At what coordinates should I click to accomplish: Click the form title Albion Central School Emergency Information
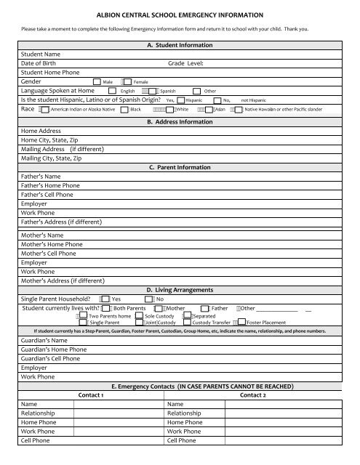click(x=180, y=15)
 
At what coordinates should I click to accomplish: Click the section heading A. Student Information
click(x=180, y=45)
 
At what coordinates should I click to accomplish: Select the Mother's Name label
click(x=43, y=235)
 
